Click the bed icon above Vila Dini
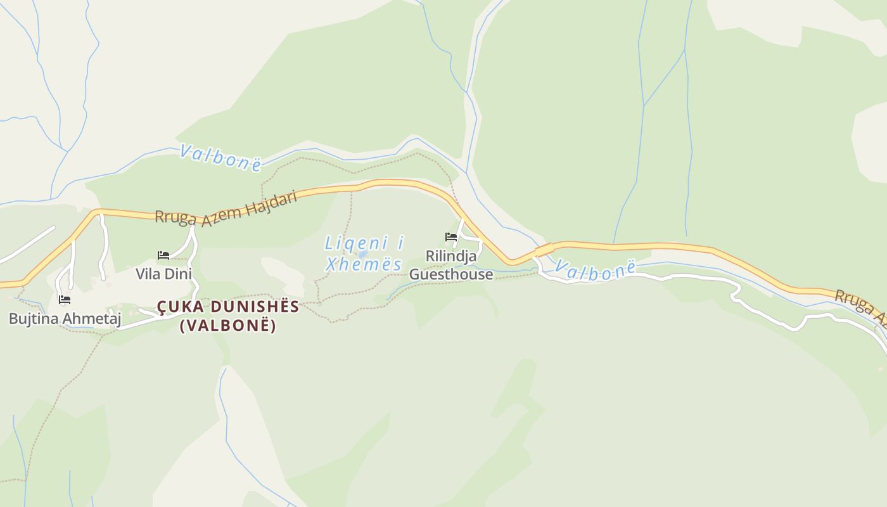click(x=163, y=255)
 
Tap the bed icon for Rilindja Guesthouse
click(x=451, y=238)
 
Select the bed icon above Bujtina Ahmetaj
click(x=64, y=300)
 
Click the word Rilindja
click(x=451, y=257)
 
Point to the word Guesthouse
click(x=451, y=274)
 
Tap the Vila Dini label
click(x=163, y=274)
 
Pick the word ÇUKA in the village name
click(x=178, y=307)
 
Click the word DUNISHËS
click(x=252, y=307)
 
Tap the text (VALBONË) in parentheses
click(x=228, y=326)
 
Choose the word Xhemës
click(x=364, y=264)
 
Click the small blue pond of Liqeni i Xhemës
click(x=363, y=254)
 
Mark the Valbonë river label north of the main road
click(x=220, y=157)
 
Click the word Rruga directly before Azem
click(x=178, y=216)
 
